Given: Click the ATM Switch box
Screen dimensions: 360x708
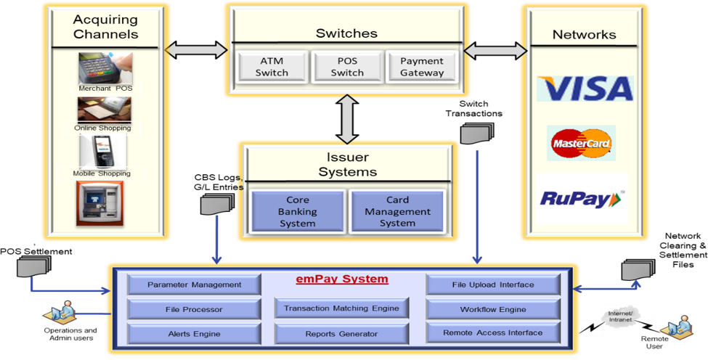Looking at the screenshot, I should coord(272,66).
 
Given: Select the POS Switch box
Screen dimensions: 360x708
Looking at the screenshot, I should coord(347,66).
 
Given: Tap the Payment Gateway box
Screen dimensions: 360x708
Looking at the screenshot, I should coord(422,66).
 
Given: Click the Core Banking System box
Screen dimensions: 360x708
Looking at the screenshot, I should coord(297,211).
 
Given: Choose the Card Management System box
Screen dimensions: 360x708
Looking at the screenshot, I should coord(397,211).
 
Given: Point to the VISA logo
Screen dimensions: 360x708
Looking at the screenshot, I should coord(585,88).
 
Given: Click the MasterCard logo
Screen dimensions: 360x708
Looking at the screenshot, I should coord(582,143).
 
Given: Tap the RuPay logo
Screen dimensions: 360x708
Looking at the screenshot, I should coord(582,197).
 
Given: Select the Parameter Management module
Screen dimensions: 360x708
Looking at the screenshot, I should coord(193,285).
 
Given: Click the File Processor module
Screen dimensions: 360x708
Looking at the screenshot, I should coord(193,310).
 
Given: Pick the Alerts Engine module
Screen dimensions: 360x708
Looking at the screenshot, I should coord(193,334).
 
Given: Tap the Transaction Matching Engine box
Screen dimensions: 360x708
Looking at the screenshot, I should coord(341,308).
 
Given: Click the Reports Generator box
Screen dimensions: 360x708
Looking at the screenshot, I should coord(341,334).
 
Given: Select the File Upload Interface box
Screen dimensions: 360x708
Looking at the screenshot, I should coord(492,285).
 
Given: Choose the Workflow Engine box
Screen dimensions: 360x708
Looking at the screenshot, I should coord(492,310).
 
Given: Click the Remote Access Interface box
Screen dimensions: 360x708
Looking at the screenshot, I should coord(492,333).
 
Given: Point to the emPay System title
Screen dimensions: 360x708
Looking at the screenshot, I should coord(341,279).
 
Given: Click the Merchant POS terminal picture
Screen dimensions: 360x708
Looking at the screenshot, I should coord(105,67).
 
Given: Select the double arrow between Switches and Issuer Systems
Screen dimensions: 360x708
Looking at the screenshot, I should coord(347,119).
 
